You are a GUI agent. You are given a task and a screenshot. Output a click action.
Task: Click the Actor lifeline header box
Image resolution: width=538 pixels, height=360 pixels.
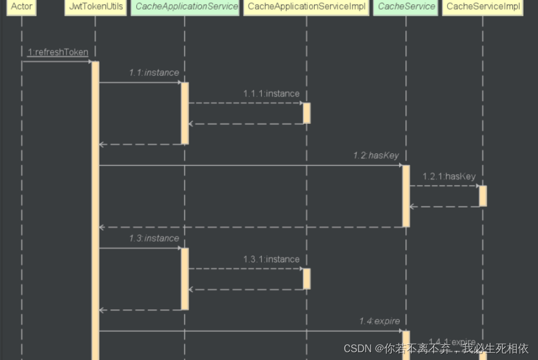(22, 7)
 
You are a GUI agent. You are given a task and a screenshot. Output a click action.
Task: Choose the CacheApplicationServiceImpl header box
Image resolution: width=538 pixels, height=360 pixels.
(306, 7)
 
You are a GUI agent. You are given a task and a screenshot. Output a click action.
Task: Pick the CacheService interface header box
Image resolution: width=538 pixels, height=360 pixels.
(406, 7)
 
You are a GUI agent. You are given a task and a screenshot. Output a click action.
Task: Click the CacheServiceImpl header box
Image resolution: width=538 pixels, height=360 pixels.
(483, 7)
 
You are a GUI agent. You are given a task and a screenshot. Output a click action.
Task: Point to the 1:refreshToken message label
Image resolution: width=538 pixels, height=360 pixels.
(57, 52)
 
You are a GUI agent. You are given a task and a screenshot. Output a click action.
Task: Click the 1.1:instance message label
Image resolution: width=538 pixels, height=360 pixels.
(154, 73)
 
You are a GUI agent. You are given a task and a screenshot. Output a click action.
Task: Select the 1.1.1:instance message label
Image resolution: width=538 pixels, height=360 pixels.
(271, 93)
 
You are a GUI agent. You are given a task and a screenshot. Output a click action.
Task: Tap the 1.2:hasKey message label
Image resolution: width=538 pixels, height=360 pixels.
(376, 155)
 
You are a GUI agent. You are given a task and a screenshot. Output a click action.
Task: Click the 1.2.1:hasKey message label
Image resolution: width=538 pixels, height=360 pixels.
(449, 176)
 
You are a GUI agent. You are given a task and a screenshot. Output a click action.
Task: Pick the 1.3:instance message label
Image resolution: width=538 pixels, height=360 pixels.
(154, 238)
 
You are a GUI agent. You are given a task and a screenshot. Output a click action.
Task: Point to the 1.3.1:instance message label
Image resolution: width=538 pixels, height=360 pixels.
(271, 259)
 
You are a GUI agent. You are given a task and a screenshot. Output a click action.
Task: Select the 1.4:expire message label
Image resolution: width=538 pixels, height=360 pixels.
(380, 321)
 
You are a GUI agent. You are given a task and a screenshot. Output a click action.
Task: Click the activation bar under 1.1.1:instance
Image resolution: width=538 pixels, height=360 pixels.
(306, 113)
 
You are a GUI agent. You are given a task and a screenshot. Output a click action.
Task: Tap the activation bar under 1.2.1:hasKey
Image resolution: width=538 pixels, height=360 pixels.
(483, 196)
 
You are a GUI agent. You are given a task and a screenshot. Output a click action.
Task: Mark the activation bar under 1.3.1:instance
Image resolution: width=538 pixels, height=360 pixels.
(306, 279)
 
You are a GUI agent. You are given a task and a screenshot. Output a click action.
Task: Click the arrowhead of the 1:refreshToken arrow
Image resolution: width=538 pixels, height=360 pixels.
(89, 61)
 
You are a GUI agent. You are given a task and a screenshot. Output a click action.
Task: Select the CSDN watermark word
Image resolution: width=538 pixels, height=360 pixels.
(357, 348)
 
